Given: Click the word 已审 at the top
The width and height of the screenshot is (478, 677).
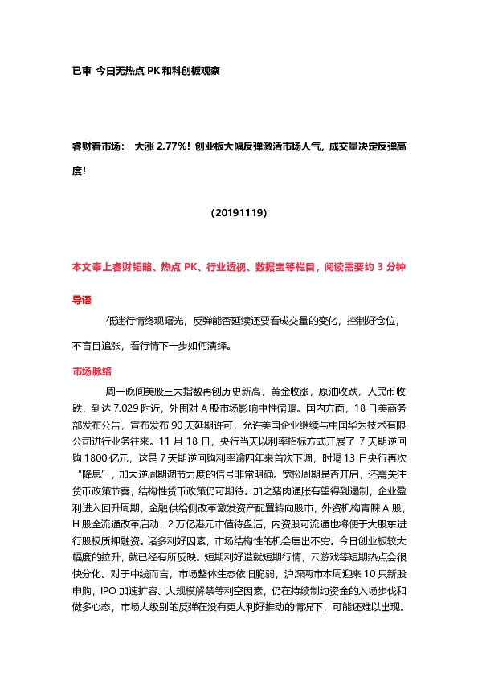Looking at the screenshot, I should (82, 71).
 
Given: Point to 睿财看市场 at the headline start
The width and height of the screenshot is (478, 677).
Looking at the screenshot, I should (97, 146).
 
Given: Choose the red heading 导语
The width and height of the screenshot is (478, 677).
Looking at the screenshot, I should (82, 299).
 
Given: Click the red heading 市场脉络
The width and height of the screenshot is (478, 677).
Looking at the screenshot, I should (92, 371).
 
